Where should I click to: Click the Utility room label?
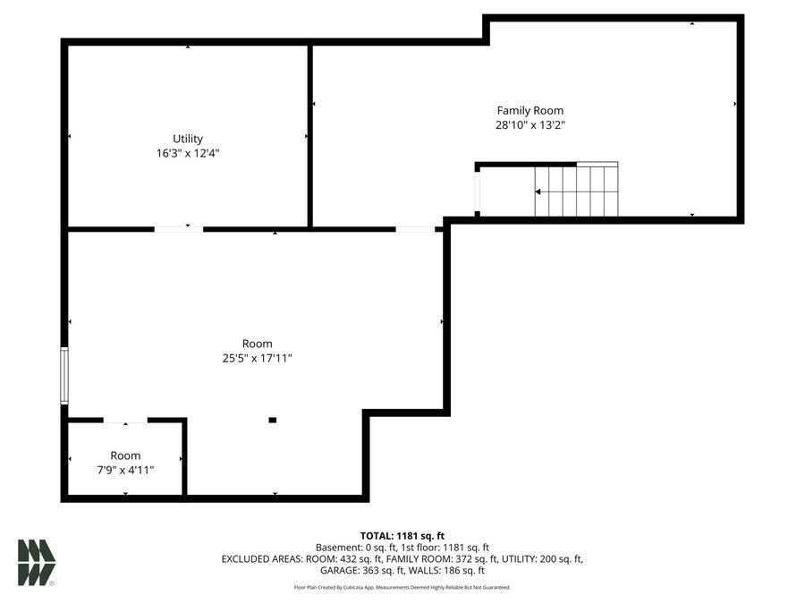pos(188,139)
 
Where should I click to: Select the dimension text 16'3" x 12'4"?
pos(188,153)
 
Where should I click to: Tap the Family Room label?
pos(530,111)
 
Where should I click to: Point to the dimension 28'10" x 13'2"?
pos(530,125)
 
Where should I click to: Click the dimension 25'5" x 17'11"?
pos(257,358)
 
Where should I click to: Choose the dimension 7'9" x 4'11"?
pos(125,470)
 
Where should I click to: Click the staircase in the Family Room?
pos(576,191)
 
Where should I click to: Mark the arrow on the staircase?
pos(539,191)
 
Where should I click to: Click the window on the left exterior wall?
pos(64,376)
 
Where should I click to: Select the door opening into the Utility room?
pos(179,229)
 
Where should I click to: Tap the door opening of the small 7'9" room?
pos(125,420)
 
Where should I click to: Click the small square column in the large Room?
pos(273,420)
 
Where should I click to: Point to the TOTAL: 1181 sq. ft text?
pos(402,534)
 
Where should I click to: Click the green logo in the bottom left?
pos(37,563)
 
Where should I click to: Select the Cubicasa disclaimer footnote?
pos(402,587)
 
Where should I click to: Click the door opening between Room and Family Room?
pos(415,229)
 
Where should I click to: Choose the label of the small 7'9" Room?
pos(125,455)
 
